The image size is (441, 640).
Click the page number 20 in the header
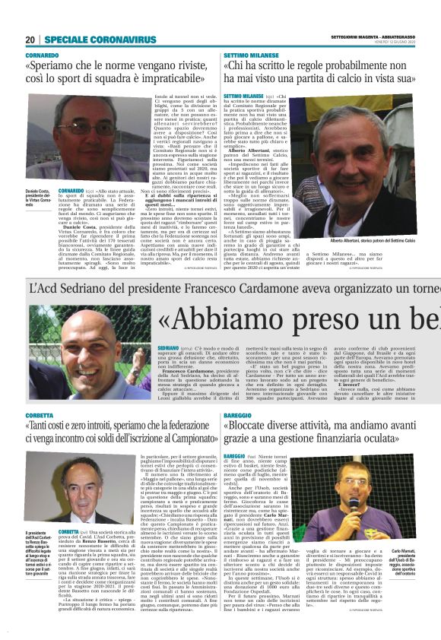[x=30, y=40]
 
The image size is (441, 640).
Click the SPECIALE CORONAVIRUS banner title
[x=89, y=40]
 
